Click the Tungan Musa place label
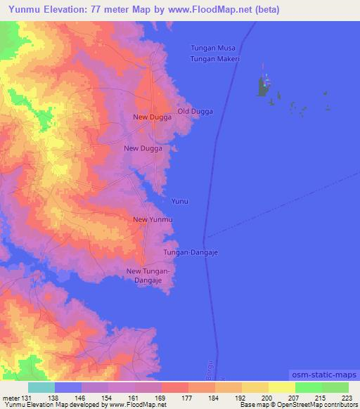tap(216, 48)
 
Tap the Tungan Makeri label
tap(216, 59)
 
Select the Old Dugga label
tap(195, 112)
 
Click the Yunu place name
tap(180, 201)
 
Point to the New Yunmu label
tap(153, 220)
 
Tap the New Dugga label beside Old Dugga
tap(153, 117)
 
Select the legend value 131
tap(25, 397)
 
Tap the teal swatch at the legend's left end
tap(41, 387)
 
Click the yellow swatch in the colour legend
tap(282, 387)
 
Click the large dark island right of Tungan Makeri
tap(264, 88)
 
